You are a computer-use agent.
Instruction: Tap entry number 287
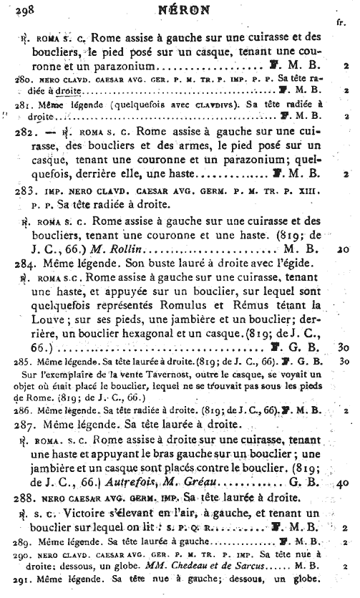coord(26,424)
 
